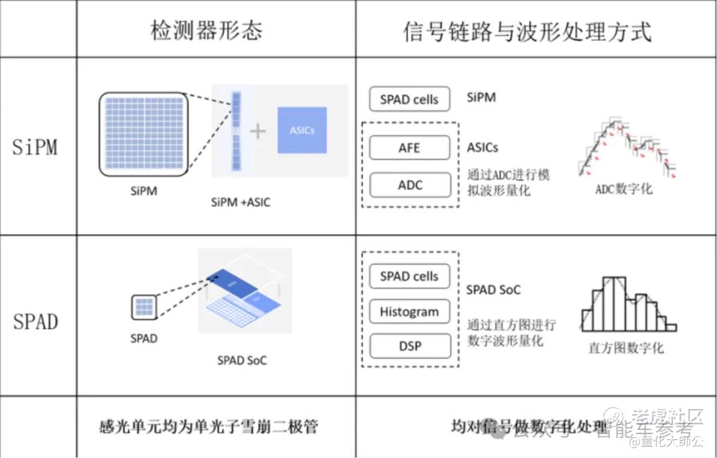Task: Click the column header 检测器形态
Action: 206,31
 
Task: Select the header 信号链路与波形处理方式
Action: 527,31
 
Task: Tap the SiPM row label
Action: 35,147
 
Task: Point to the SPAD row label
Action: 35,322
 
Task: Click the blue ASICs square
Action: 302,130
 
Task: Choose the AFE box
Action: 410,147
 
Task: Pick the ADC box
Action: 410,185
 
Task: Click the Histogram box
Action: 410,311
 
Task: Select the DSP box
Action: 410,346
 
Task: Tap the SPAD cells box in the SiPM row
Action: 410,100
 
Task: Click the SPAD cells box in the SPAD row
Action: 410,277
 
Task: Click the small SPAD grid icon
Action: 144,308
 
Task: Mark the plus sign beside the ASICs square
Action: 258,131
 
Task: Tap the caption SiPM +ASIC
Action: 240,202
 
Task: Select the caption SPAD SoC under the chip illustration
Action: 242,360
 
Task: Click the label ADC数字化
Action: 623,189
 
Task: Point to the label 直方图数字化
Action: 625,348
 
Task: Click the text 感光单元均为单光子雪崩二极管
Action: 208,425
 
